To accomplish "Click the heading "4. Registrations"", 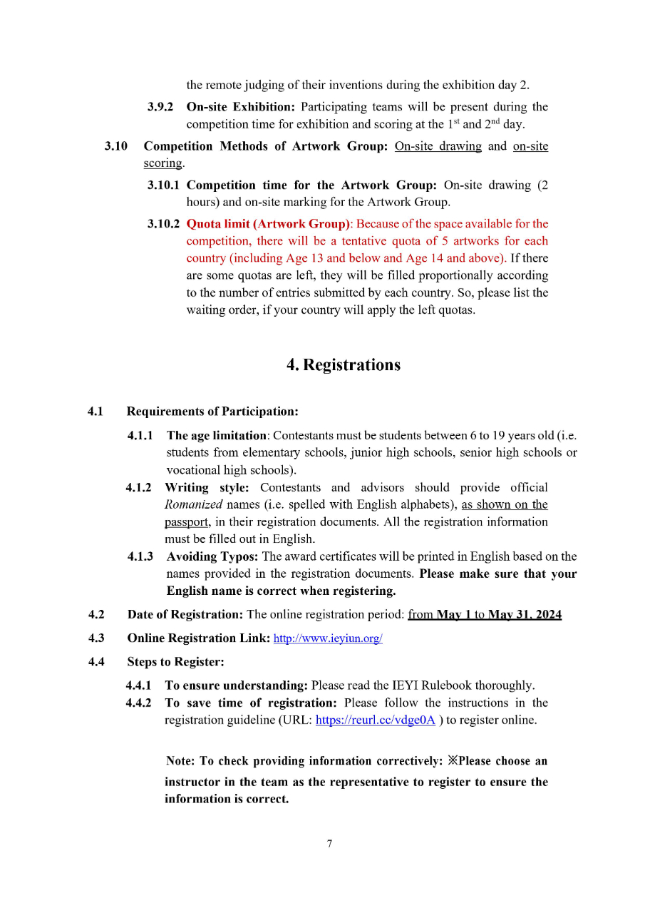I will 343,365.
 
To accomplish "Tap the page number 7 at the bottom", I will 329,845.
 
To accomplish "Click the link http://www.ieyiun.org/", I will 328,638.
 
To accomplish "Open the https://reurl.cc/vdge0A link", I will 375,720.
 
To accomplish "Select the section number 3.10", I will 115,146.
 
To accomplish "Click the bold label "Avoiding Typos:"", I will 212,556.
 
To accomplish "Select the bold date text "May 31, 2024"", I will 525,615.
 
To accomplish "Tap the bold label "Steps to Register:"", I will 175,662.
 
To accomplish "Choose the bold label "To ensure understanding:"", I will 236,685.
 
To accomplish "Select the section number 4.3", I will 96,638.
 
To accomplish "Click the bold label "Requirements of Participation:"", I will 212,412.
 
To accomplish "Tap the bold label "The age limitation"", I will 216,435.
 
